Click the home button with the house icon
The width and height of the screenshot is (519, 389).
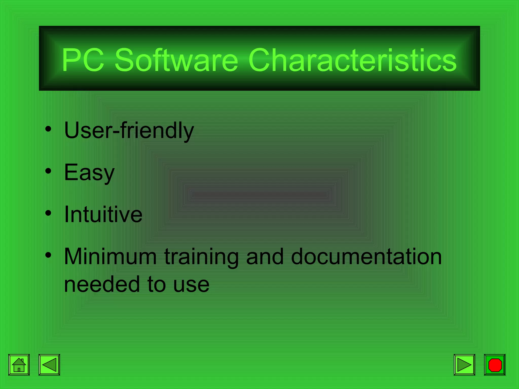point(19,365)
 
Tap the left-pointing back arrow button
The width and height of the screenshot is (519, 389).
point(49,365)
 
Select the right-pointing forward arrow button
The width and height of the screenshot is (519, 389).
point(464,365)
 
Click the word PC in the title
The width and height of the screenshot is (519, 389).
point(83,60)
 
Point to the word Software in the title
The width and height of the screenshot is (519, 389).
point(176,60)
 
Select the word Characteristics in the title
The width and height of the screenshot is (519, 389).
point(353,60)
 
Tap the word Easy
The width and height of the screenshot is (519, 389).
point(89,172)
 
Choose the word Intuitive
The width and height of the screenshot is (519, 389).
point(103,215)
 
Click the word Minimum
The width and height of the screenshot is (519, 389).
point(110,257)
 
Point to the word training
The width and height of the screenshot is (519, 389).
point(201,257)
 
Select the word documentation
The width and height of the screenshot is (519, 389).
point(366,257)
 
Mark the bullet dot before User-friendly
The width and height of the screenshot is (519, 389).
point(48,129)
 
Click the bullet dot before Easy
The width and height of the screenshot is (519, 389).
point(48,171)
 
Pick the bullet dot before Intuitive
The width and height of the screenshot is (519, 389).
point(48,213)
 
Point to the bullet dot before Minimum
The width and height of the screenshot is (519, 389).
point(48,255)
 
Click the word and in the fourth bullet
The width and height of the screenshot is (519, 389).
point(265,257)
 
